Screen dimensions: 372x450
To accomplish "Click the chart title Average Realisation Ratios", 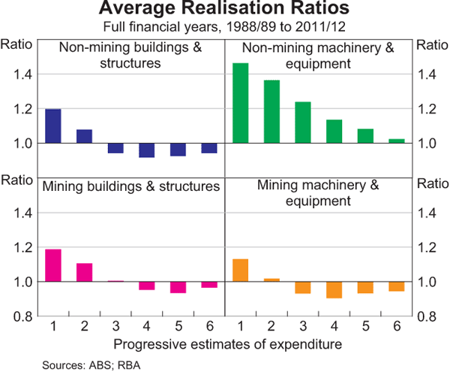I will pos(225,10).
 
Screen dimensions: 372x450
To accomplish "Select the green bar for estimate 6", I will pos(396,141).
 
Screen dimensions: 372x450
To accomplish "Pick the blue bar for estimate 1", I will pos(53,126).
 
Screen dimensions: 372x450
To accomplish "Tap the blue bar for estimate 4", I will pos(146,150).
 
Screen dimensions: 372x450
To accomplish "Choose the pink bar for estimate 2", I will pos(85,272).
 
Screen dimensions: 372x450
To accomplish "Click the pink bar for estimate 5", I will pos(178,287).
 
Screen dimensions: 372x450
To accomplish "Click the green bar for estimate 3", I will pos(303,122).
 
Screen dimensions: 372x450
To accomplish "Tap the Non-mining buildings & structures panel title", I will pos(130,56).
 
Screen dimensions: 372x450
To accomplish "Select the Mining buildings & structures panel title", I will pos(130,186).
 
